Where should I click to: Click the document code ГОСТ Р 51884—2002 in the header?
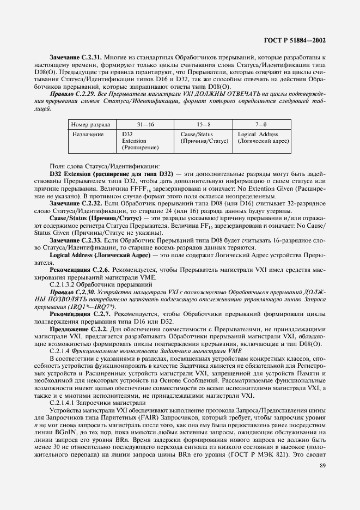295,40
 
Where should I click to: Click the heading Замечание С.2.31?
76,57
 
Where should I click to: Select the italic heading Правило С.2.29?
71,95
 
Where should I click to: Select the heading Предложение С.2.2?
78,330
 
